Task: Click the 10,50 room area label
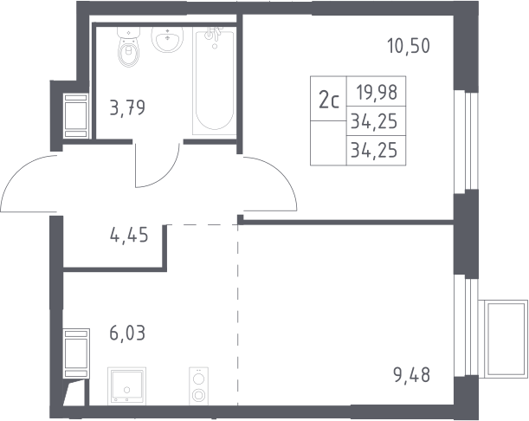pos(409,46)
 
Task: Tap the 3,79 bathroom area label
pos(127,108)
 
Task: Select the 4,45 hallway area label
pos(129,235)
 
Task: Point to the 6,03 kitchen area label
pos(127,334)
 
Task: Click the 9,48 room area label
pos(411,375)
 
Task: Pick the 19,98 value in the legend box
pos(377,93)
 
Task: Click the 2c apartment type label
pos(329,100)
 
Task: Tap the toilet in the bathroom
pos(128,47)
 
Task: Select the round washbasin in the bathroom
pos(167,39)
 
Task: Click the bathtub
pos(214,81)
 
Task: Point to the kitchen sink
pos(127,386)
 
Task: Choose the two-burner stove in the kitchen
pos(199,386)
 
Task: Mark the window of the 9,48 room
pos(466,327)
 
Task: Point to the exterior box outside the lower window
pos(503,339)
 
